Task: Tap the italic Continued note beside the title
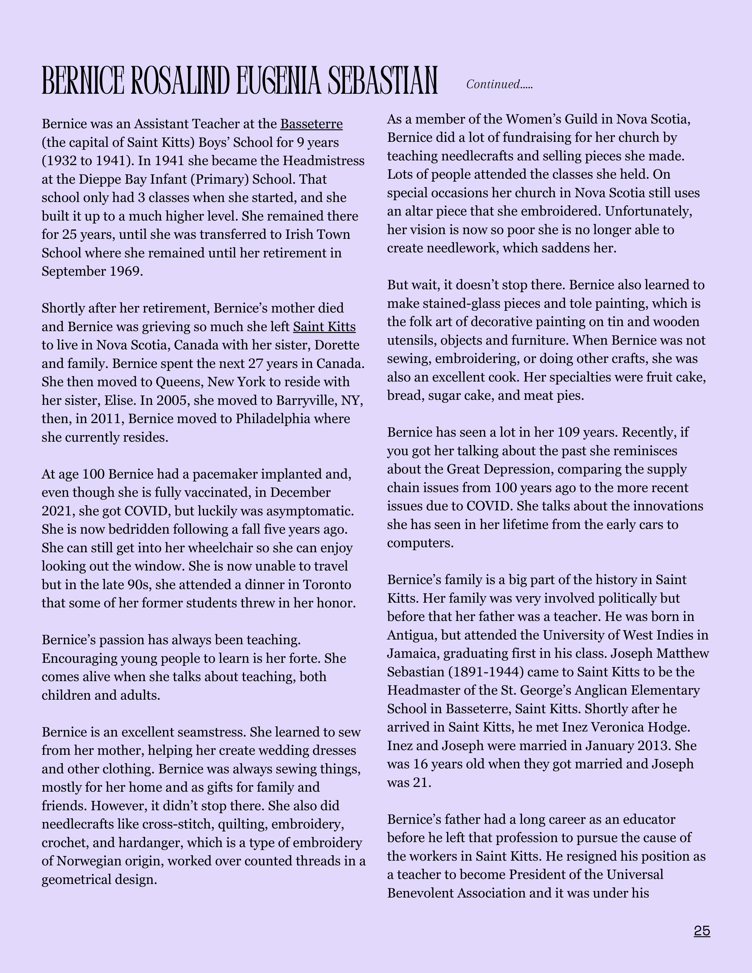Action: click(499, 84)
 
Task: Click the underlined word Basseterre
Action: click(311, 124)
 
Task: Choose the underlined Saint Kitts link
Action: click(324, 327)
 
